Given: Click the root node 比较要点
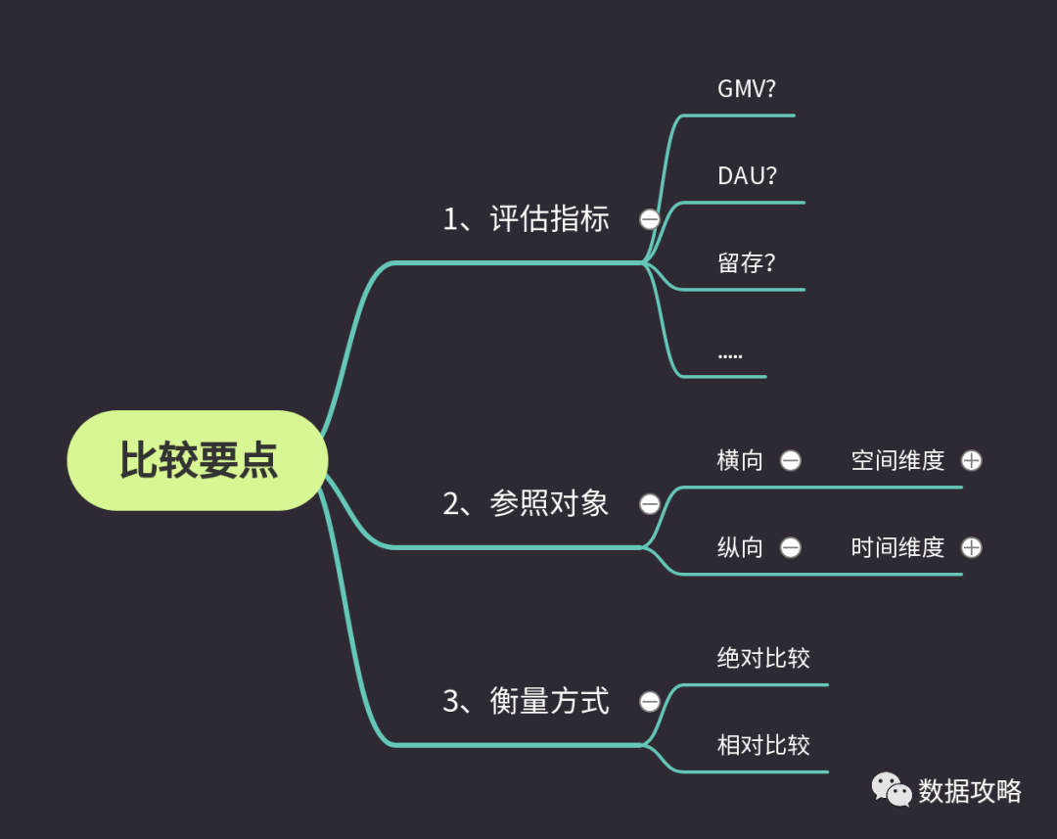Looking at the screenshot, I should (x=198, y=460).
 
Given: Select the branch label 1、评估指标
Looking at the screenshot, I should (x=526, y=218).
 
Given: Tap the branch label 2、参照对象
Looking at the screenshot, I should (x=526, y=503).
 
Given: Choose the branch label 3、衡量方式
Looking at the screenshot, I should (x=526, y=701).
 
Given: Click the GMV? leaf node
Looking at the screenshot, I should (x=747, y=89).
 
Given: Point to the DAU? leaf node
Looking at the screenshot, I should (x=747, y=176).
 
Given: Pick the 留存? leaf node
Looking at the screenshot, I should (x=746, y=262).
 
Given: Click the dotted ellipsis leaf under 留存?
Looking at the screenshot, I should (x=730, y=353).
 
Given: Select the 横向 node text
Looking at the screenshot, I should (x=740, y=460).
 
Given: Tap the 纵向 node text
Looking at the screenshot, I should (x=740, y=547).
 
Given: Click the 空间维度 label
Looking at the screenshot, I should (x=897, y=460).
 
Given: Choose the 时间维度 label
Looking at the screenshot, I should (x=897, y=547).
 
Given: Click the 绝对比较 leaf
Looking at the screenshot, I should (x=763, y=658).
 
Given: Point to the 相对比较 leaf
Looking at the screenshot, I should (x=763, y=745).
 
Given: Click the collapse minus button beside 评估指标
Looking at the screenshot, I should (x=649, y=219).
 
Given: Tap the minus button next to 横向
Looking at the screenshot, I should (x=791, y=460).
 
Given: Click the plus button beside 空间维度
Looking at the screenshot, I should (x=971, y=460).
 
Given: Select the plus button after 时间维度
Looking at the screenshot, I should (x=971, y=547).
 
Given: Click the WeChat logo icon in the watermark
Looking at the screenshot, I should (x=892, y=789).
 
